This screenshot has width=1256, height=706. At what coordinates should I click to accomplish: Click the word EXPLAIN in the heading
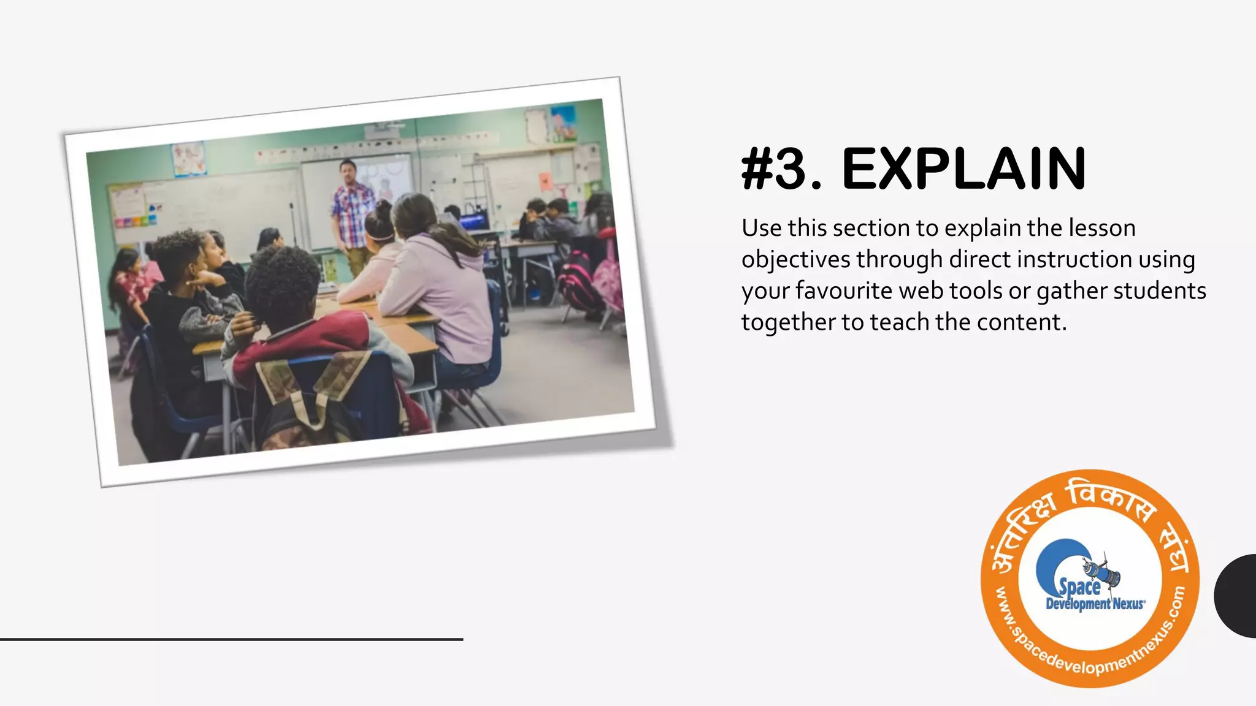(x=963, y=169)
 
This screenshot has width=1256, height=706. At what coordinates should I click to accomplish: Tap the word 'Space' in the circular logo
(x=1080, y=586)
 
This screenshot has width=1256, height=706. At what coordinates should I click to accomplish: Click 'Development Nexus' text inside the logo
(x=1095, y=604)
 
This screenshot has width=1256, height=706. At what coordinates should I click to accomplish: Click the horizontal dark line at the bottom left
(x=231, y=639)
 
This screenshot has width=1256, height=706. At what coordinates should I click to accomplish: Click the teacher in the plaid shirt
(x=353, y=208)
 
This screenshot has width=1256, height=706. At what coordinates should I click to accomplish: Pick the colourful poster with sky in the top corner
(x=563, y=122)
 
